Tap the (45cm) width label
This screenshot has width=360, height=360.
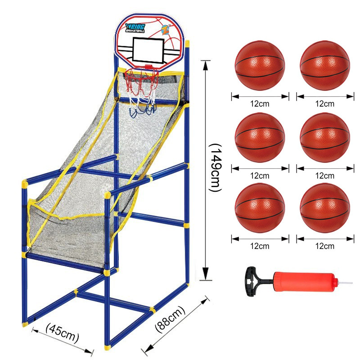point(63,333)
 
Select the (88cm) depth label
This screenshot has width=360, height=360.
point(170,319)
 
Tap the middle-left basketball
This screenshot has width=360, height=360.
point(260,137)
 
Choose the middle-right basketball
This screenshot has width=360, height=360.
point(324,137)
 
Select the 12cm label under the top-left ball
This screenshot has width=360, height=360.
point(260,104)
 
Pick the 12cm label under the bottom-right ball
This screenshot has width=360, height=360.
point(324,246)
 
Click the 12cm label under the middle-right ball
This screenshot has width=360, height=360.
point(324,175)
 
